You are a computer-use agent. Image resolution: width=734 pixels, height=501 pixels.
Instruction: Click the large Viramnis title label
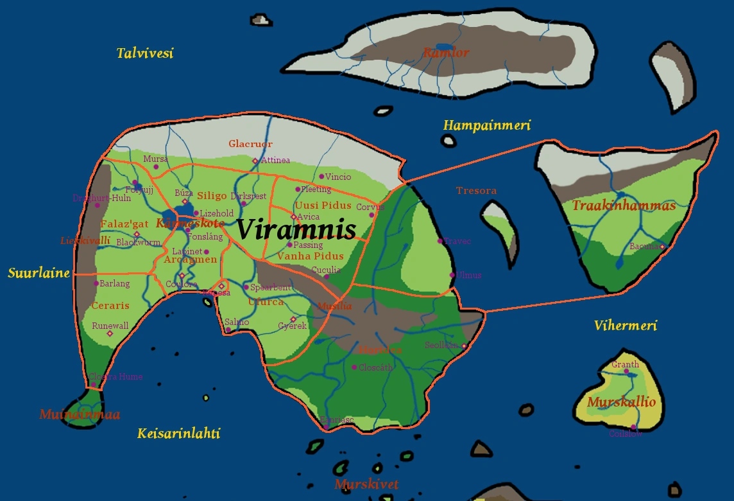point(296,229)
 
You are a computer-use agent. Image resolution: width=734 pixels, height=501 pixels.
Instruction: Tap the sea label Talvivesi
point(145,53)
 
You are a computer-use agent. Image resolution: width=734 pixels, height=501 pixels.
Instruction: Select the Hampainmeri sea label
point(487,125)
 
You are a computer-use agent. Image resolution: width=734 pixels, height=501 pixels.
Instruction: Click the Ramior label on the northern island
point(446,53)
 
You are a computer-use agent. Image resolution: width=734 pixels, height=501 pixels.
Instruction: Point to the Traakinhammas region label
point(623,206)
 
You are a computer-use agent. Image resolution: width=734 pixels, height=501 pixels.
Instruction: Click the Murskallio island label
point(621,403)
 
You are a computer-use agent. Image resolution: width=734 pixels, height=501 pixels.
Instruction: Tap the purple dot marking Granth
point(626,372)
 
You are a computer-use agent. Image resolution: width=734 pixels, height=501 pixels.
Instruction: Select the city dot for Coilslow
point(633,427)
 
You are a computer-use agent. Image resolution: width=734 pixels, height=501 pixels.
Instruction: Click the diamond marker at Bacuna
point(662,247)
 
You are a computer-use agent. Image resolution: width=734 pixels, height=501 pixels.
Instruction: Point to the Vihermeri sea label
point(625,326)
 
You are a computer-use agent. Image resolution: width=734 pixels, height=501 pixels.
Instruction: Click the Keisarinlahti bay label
point(178,434)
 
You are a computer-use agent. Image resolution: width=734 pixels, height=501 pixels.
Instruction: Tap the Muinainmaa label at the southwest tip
point(80,415)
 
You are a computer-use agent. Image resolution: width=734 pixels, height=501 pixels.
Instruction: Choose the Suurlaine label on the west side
point(38,273)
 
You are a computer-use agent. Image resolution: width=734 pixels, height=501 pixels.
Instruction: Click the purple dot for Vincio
point(322,177)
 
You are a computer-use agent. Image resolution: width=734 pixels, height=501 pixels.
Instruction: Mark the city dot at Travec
point(440,241)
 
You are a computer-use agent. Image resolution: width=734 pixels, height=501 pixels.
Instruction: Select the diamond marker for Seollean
point(464,346)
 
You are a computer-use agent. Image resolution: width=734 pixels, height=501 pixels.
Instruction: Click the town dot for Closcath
point(354,367)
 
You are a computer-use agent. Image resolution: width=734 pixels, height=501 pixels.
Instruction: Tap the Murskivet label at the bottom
point(366,484)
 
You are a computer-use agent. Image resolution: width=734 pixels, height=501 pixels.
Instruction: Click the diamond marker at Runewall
point(109,333)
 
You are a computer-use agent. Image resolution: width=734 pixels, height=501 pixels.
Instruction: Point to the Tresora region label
point(476,191)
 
